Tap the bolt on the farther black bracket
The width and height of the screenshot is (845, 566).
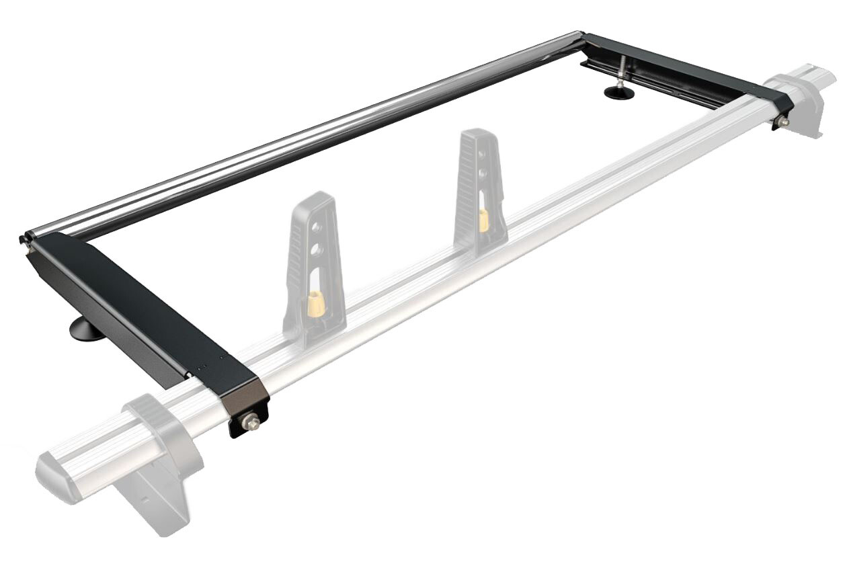(784, 122)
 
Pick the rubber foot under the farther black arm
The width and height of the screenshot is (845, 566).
(620, 92)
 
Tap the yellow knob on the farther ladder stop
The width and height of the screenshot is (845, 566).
(483, 220)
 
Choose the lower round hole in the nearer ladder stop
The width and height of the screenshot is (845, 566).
(317, 251)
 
